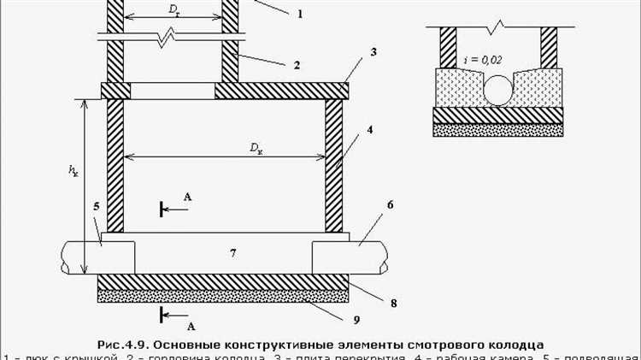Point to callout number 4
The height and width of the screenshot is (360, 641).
click(370, 131)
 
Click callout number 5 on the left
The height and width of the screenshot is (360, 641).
click(97, 206)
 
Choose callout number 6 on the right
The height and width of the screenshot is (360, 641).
click(389, 205)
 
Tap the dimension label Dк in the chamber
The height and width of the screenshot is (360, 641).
click(256, 147)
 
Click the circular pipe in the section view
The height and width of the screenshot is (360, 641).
click(498, 90)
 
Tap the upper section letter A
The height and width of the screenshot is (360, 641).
click(188, 198)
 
